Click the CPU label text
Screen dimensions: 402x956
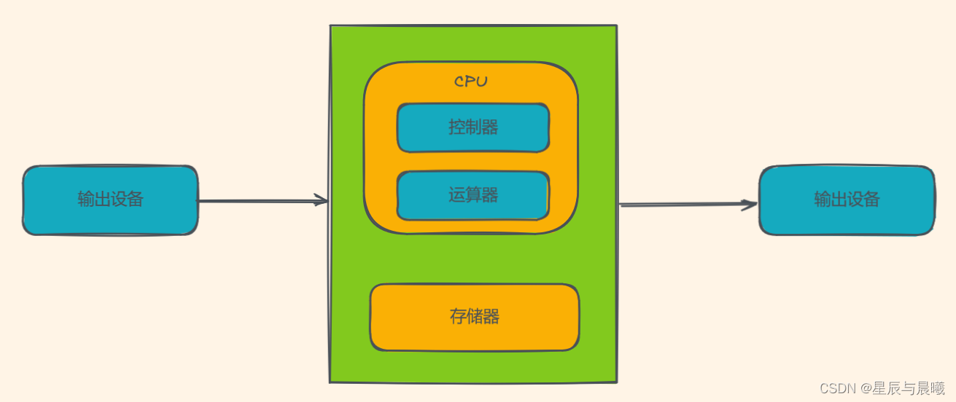point(470,82)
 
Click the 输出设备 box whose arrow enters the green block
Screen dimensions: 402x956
point(110,200)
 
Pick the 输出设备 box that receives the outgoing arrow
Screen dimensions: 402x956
point(847,200)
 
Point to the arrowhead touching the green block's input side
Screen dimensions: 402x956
point(321,200)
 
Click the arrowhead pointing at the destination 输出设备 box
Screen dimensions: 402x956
point(750,205)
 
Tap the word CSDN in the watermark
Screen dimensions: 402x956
point(837,388)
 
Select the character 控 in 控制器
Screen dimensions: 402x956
point(457,127)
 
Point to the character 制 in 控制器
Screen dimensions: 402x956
point(473,127)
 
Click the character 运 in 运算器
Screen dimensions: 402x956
point(457,195)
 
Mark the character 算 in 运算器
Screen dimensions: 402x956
point(473,195)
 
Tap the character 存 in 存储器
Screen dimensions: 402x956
point(458,317)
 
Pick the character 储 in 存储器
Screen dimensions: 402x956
point(475,317)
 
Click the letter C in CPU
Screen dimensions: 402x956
point(460,82)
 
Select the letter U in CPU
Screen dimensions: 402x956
point(481,82)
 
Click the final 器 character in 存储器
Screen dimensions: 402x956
point(491,317)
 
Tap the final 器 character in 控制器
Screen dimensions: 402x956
point(490,127)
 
